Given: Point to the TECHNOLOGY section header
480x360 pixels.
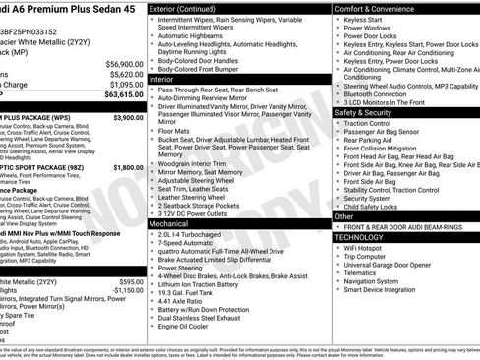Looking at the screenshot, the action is pos(360,237).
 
